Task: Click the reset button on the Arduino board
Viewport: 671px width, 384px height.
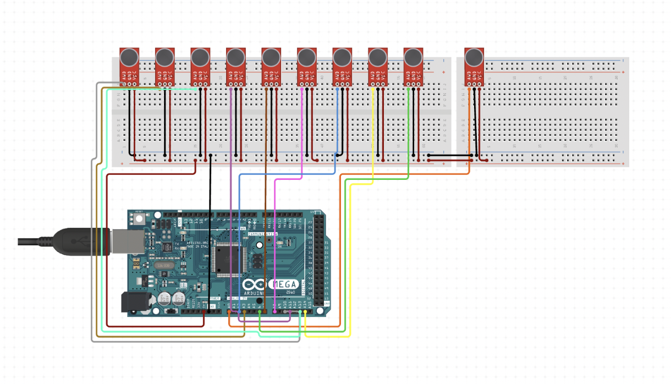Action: (x=139, y=219)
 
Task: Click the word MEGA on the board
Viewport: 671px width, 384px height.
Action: (x=285, y=284)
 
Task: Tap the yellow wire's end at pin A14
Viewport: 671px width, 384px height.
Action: (x=305, y=312)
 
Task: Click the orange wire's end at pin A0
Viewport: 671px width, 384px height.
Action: (x=229, y=312)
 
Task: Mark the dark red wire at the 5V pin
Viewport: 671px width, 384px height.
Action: (x=204, y=312)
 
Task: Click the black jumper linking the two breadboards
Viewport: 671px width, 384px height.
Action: (x=450, y=156)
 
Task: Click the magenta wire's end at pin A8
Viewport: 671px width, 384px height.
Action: (x=274, y=312)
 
